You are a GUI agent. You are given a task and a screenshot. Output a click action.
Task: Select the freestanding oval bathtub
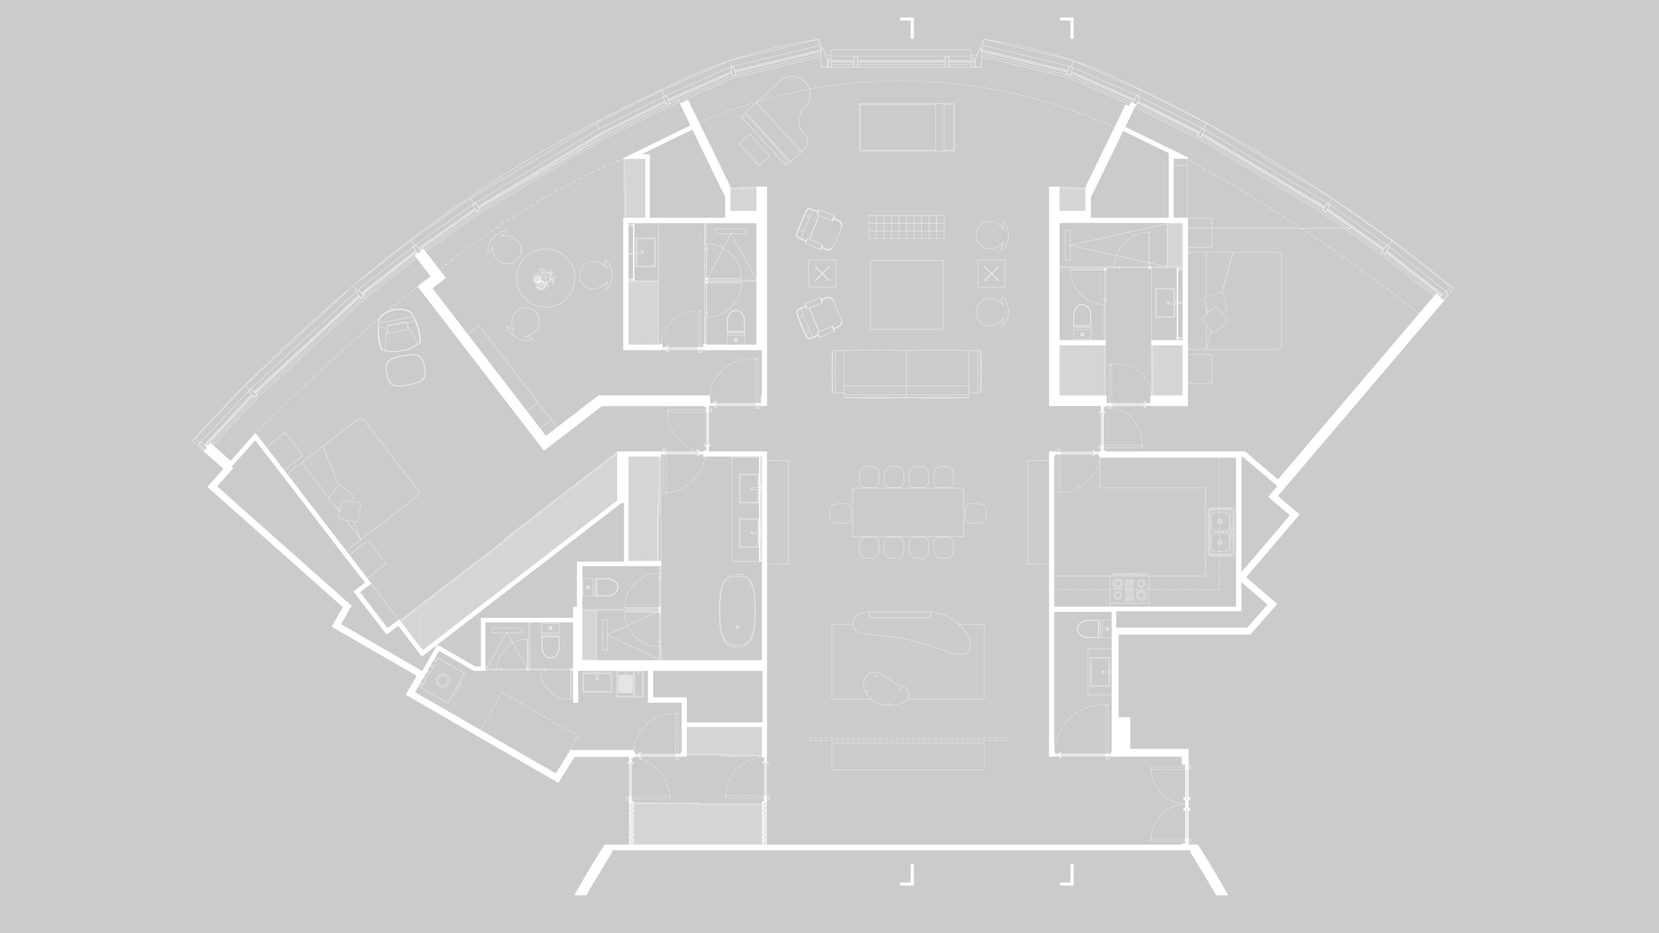[737, 611]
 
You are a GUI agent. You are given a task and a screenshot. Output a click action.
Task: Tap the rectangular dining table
[907, 512]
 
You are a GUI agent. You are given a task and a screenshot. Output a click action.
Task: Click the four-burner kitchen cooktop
[1129, 589]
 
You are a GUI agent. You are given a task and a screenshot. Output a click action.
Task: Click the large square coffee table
[906, 295]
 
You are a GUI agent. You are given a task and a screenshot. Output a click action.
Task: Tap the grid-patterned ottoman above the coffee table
[906, 227]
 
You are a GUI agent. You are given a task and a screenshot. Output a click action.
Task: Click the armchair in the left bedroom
[399, 332]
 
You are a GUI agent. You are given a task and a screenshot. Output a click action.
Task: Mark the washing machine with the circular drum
[443, 680]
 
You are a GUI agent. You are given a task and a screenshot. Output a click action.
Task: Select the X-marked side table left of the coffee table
[822, 273]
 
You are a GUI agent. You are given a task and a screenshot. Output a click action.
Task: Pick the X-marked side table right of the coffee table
[991, 273]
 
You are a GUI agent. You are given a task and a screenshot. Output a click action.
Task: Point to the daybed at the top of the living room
[906, 127]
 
